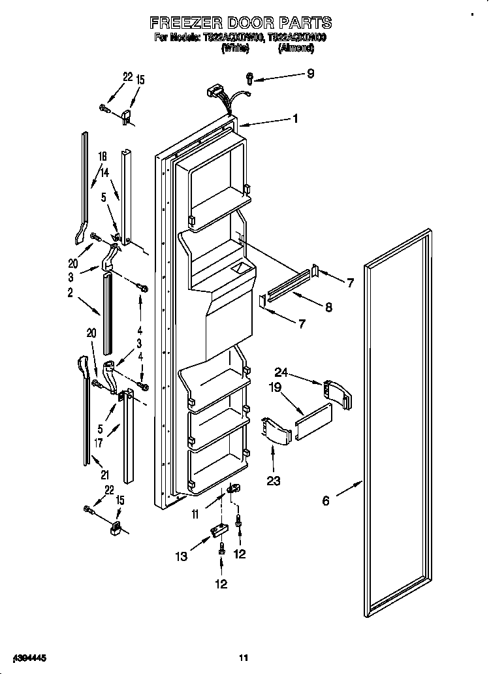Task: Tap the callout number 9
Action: coord(310,74)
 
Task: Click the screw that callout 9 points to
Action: coord(250,78)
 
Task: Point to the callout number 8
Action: coord(328,306)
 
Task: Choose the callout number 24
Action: coord(281,373)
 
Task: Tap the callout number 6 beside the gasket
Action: coord(326,500)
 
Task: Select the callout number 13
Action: coord(182,556)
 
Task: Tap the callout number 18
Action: coord(102,157)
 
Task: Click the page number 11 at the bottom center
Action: coord(244,657)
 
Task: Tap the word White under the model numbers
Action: coord(234,48)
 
